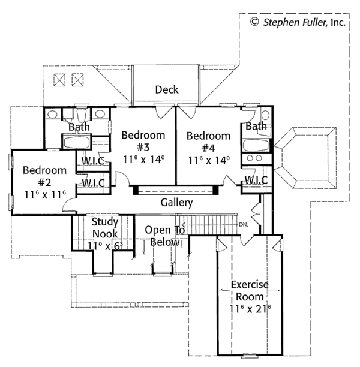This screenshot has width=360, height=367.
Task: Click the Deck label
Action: click(x=167, y=90)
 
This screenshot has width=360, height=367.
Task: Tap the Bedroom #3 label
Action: click(x=143, y=142)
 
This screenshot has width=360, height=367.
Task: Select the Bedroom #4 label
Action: click(x=208, y=142)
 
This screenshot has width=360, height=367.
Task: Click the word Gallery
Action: click(x=176, y=203)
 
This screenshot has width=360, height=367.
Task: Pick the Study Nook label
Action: click(x=105, y=228)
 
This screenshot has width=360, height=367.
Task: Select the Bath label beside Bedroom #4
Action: click(x=256, y=127)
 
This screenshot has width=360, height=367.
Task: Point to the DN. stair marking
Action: click(x=242, y=225)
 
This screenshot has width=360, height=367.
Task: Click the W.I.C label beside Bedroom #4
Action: click(x=256, y=181)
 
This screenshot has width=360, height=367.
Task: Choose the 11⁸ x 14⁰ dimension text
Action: click(x=143, y=160)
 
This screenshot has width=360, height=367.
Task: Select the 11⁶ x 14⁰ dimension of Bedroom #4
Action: click(x=208, y=160)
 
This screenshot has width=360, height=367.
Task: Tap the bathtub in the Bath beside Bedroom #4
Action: click(x=255, y=145)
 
